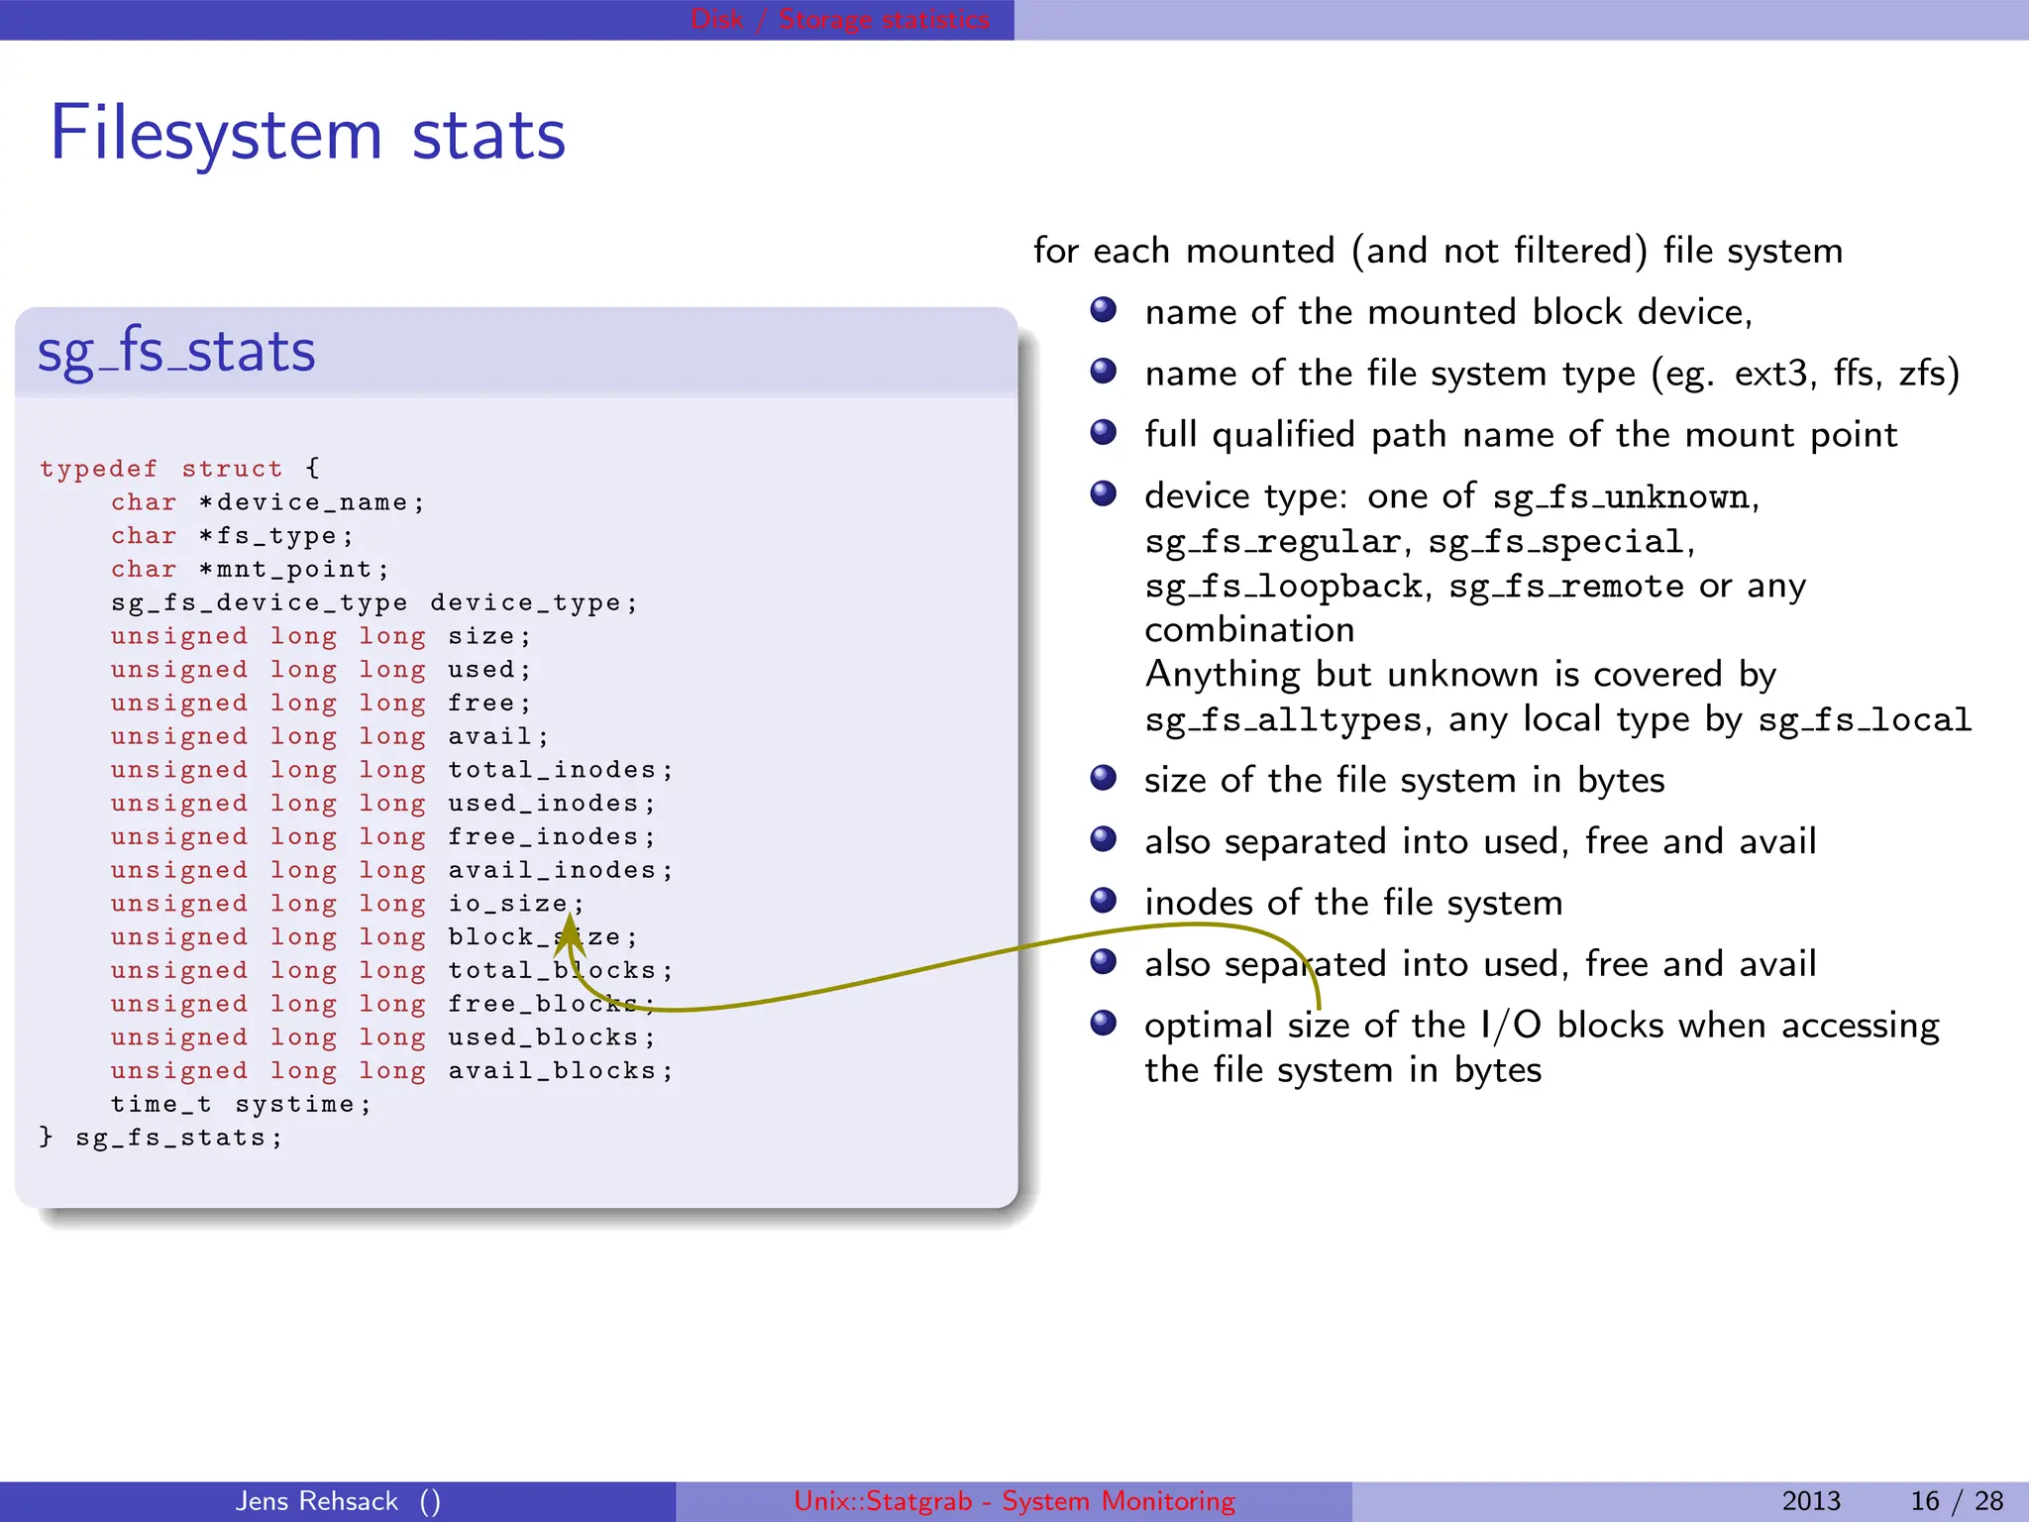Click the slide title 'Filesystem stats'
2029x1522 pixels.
point(307,135)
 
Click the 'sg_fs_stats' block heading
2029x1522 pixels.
point(176,352)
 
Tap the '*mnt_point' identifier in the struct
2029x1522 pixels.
point(293,570)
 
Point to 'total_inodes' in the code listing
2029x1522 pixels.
point(552,770)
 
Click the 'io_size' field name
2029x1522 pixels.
point(507,904)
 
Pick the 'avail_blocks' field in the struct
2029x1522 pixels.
point(552,1071)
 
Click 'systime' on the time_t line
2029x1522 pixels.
point(293,1105)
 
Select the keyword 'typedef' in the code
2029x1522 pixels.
point(98,469)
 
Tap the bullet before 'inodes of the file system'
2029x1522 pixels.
point(1103,901)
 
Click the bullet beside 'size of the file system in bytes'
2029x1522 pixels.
point(1103,779)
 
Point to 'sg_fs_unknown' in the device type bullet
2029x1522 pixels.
point(1622,497)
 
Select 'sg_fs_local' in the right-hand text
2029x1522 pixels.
point(1865,720)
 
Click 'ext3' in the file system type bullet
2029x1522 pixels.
point(1775,374)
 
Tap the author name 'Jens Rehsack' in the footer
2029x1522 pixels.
point(317,1501)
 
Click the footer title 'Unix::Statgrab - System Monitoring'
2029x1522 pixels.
point(1014,1501)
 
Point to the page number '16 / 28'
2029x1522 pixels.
point(1957,1501)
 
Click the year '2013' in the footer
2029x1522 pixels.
point(1811,1501)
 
